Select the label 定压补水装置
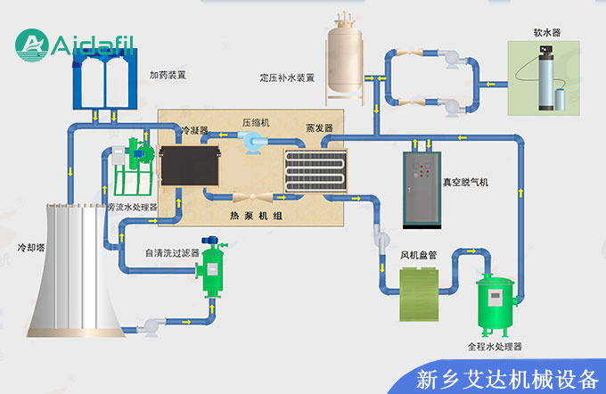click(287, 77)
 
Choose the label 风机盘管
click(418, 255)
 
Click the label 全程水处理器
click(495, 345)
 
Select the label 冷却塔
click(33, 243)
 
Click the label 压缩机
click(256, 123)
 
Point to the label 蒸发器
click(319, 128)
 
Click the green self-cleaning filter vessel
click(212, 268)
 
